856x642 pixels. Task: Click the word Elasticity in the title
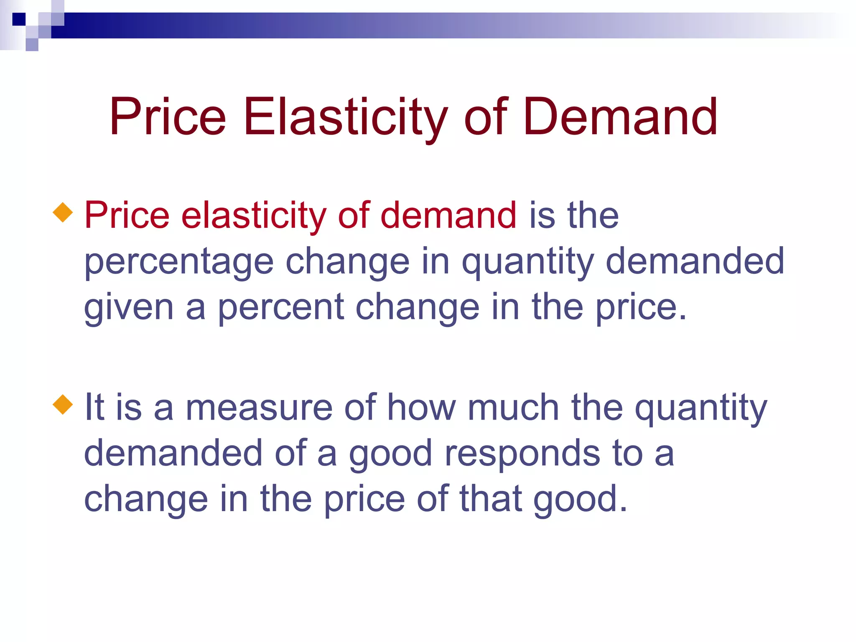345,117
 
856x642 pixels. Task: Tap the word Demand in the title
620,117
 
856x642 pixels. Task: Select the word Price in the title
168,117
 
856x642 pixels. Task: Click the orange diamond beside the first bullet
63,212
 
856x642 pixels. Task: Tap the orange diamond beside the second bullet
63,404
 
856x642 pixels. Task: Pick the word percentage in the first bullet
179,262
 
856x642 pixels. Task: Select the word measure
259,408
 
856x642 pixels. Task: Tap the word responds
522,453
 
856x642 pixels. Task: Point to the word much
513,408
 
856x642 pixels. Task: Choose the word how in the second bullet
421,408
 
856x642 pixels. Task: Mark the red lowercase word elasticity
254,216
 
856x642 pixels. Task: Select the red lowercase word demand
448,216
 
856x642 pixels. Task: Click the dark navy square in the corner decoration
19,19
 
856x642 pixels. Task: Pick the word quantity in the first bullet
528,262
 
